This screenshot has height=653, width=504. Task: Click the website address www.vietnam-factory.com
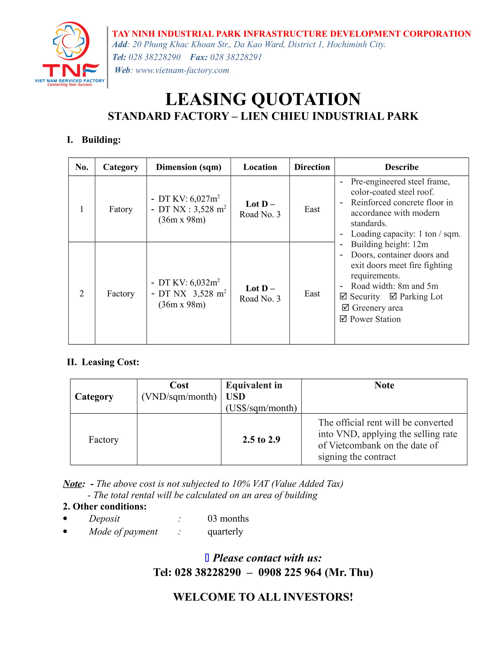(x=182, y=70)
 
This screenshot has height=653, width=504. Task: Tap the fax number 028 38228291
(x=236, y=57)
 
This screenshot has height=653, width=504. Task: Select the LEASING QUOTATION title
(x=263, y=99)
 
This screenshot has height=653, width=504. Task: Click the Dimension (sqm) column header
(x=188, y=167)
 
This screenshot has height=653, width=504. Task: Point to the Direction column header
(x=312, y=167)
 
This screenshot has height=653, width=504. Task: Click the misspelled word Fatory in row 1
(x=121, y=209)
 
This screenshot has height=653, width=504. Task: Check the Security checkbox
(x=343, y=296)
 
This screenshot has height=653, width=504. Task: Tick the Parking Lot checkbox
(x=393, y=296)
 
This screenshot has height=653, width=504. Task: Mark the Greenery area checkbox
(x=345, y=308)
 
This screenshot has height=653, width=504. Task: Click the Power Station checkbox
(x=343, y=319)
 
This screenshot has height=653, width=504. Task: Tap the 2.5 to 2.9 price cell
(x=261, y=440)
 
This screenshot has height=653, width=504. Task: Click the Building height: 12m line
(x=389, y=244)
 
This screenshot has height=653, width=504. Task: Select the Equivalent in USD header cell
(x=261, y=396)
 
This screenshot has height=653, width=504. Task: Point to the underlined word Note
(x=73, y=484)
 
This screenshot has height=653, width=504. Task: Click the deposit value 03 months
(x=228, y=519)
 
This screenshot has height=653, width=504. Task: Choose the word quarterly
(x=225, y=532)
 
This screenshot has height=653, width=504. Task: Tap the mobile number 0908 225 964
(x=290, y=572)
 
